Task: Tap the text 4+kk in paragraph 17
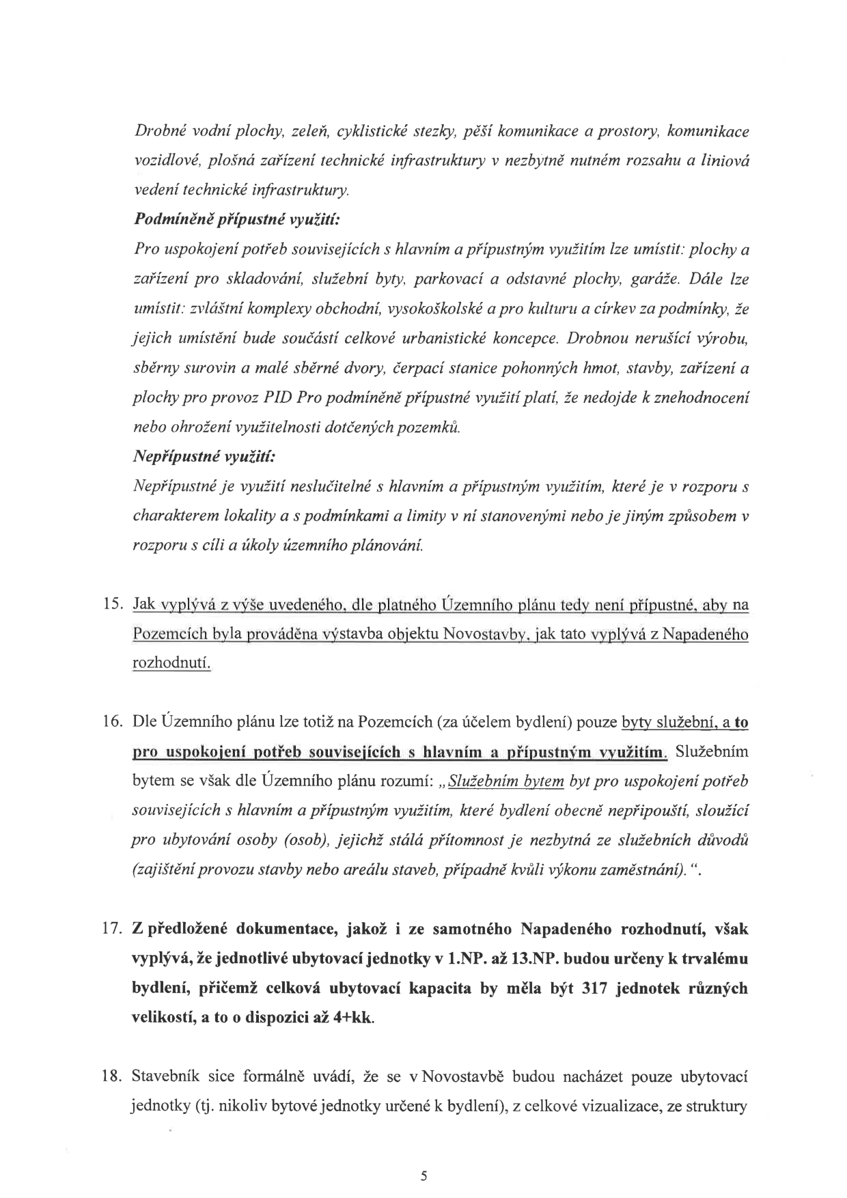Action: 355,1018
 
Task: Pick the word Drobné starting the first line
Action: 156,130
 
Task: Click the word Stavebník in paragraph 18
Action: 165,1077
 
